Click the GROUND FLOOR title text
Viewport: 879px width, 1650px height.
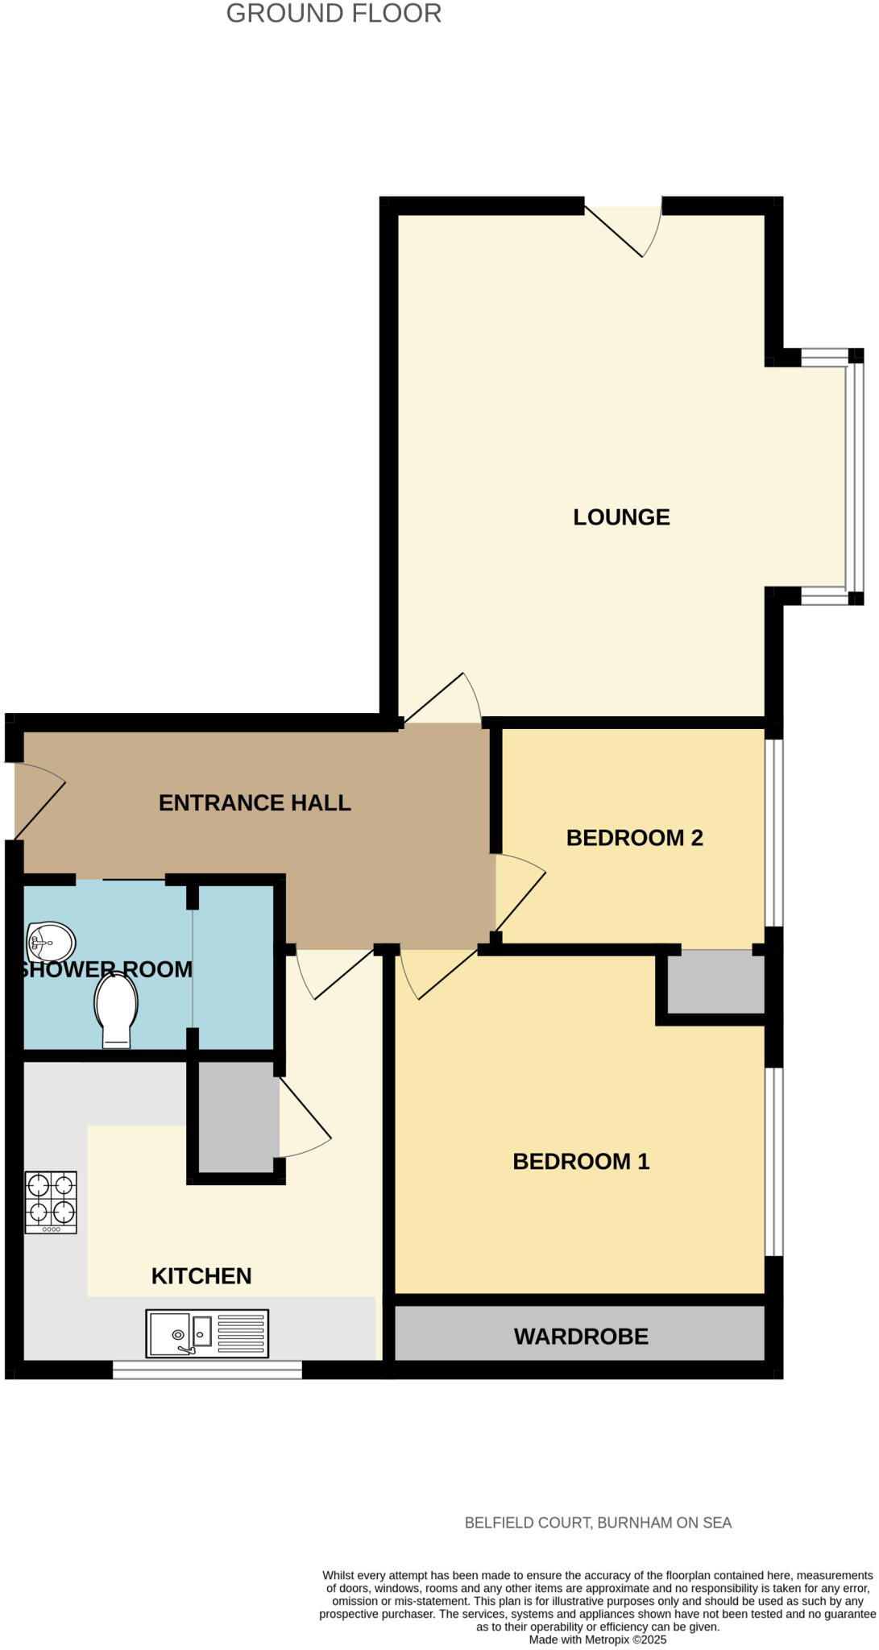pos(334,14)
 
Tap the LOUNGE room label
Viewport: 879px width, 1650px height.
pos(621,517)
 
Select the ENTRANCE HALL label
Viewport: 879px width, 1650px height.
pos(255,802)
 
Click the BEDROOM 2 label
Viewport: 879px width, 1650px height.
pos(634,838)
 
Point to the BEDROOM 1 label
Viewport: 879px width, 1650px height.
pos(581,1161)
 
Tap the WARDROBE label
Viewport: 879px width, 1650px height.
pos(581,1337)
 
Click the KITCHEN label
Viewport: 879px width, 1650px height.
pos(201,1275)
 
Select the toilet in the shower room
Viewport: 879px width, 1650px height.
pos(116,1009)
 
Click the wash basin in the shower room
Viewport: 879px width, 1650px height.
pos(50,941)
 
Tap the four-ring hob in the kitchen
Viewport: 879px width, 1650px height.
pos(51,1201)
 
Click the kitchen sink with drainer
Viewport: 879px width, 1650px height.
pos(207,1333)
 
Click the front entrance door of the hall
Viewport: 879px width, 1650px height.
pos(39,800)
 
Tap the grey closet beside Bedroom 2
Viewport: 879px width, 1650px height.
pos(715,982)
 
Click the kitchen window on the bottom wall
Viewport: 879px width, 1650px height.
pos(207,1370)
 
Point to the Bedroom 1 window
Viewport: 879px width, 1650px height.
pos(773,1161)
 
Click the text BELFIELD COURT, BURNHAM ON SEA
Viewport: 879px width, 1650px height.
pos(598,1523)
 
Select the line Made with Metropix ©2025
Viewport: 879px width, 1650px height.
pos(597,1640)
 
